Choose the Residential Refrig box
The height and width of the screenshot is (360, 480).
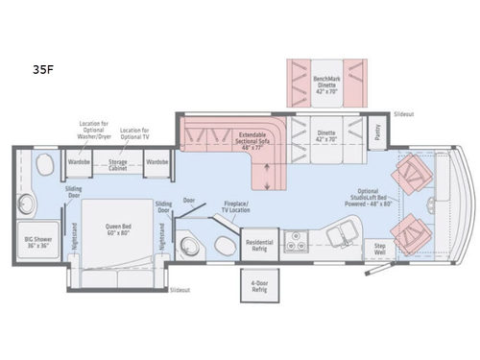pyautogui.click(x=258, y=244)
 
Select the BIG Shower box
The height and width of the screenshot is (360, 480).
pyautogui.click(x=37, y=243)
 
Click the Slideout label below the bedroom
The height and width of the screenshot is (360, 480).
pyautogui.click(x=180, y=288)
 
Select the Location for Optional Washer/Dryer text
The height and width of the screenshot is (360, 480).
pyautogui.click(x=93, y=131)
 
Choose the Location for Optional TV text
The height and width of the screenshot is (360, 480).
pyautogui.click(x=135, y=131)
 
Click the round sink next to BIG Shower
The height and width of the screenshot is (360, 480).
pyautogui.click(x=26, y=204)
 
